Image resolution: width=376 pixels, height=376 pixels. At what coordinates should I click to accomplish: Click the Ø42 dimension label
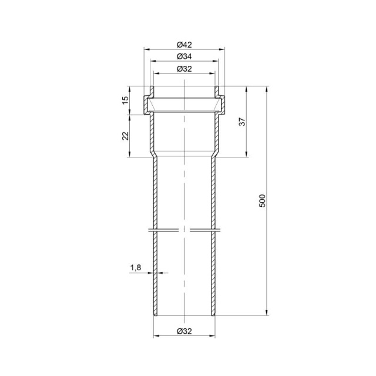(184, 45)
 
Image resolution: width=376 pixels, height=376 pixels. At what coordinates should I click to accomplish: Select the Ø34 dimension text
(184, 56)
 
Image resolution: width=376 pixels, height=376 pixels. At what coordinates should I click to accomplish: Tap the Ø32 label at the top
(184, 69)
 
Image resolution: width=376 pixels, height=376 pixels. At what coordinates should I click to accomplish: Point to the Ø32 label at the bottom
(184, 331)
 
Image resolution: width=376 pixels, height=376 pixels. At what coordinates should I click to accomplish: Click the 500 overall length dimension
(263, 201)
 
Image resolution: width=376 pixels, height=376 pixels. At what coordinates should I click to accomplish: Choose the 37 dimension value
(243, 122)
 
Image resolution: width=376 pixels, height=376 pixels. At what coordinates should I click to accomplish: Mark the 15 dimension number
(125, 100)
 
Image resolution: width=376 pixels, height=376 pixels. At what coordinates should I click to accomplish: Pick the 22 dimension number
(125, 136)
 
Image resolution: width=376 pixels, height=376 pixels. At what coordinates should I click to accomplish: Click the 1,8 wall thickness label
(136, 267)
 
